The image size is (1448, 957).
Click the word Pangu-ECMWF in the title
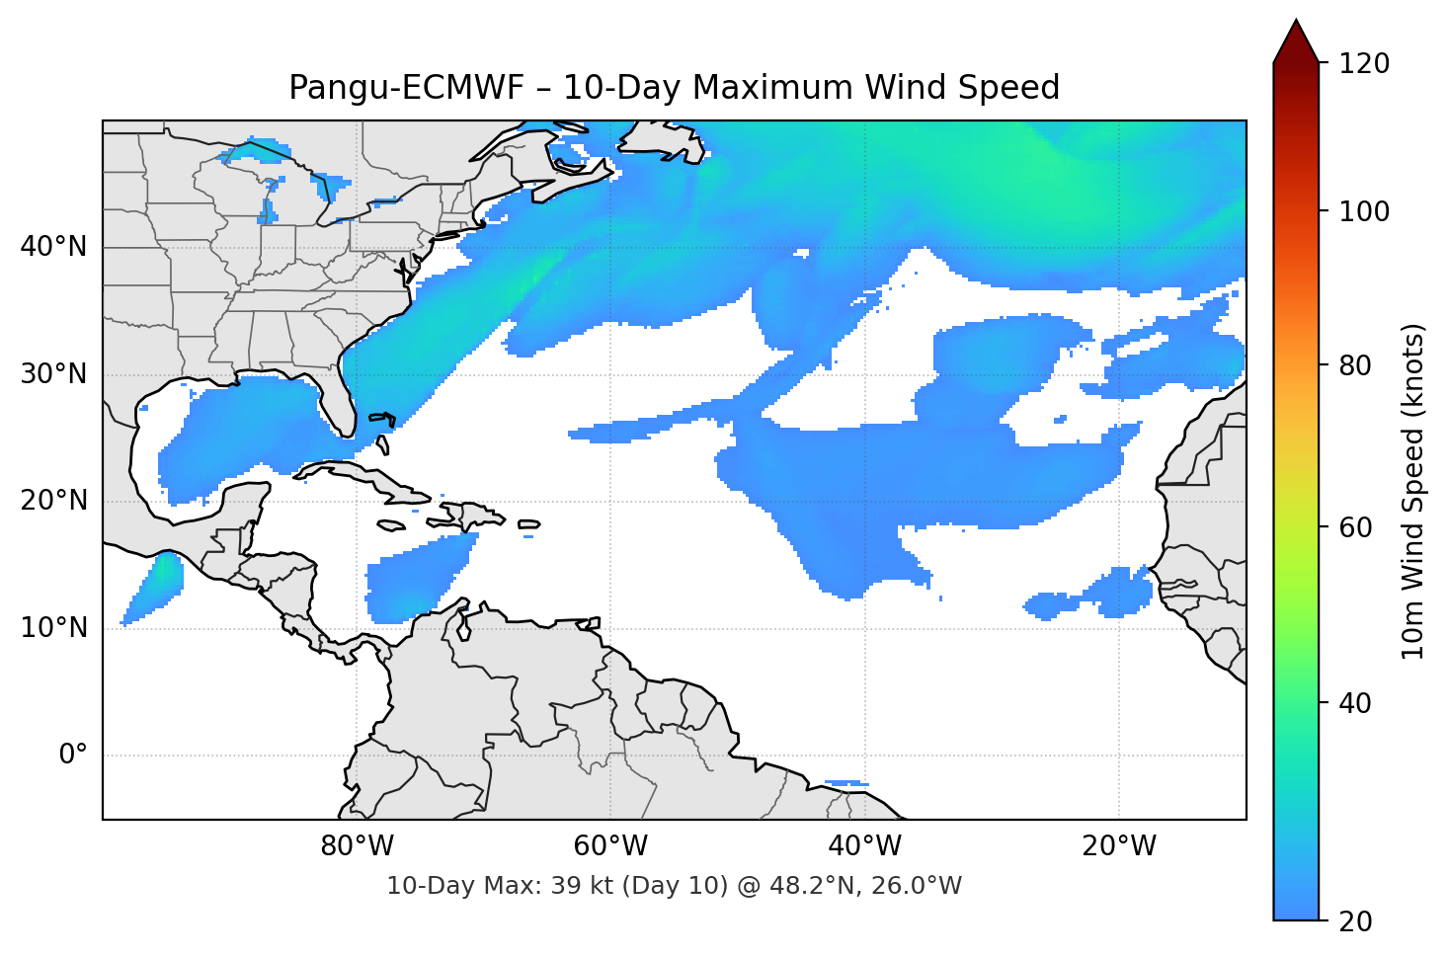[x=406, y=88]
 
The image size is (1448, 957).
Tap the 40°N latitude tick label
[x=53, y=246]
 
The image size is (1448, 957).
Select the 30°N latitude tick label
[x=53, y=374]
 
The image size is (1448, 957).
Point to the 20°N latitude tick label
[x=53, y=501]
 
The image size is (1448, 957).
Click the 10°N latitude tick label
[x=53, y=628]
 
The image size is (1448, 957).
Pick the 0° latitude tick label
[x=73, y=756]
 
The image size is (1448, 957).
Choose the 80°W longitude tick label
[x=358, y=846]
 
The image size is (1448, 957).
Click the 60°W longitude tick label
[x=610, y=846]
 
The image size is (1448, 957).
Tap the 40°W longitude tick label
[x=864, y=846]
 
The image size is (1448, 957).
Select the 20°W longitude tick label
[x=1118, y=846]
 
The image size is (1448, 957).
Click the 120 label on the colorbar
[x=1364, y=64]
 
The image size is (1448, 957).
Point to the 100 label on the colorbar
[x=1364, y=211]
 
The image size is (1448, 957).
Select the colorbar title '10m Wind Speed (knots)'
[x=1413, y=491]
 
